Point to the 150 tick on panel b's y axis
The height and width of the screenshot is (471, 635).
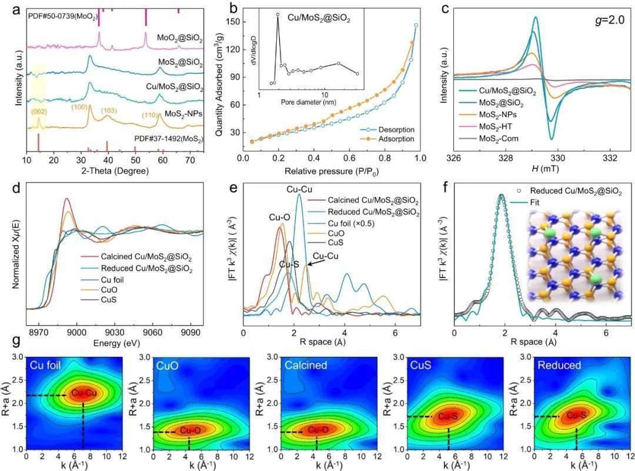point(233,21)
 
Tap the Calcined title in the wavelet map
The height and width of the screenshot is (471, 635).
point(287,365)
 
